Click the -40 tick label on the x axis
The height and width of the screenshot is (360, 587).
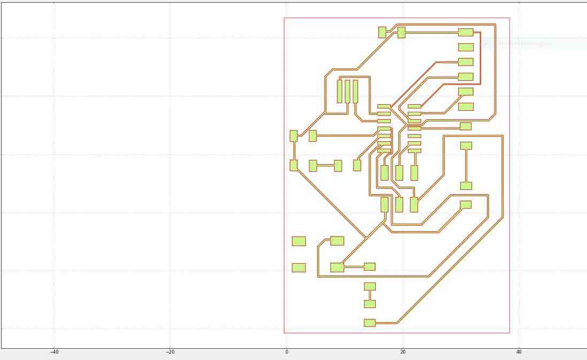tap(55, 352)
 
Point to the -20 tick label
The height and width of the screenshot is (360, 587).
tap(171, 352)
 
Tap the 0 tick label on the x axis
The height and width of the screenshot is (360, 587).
tap(287, 352)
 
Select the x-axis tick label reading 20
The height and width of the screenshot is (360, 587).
tap(403, 352)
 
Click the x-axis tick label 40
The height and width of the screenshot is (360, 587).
tap(519, 352)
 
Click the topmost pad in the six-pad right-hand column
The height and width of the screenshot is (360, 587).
tap(466, 32)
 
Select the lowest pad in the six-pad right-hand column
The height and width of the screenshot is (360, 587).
tap(466, 107)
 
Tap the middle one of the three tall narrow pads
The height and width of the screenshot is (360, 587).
tap(347, 91)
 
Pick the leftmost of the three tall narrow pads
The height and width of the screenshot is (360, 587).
tap(339, 91)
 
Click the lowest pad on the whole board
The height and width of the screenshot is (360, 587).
tap(369, 323)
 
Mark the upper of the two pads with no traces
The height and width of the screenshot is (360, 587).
tap(299, 241)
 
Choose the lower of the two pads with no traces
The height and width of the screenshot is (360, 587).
tap(299, 267)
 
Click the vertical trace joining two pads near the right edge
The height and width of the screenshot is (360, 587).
tap(466, 166)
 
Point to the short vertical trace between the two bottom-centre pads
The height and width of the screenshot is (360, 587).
tap(370, 295)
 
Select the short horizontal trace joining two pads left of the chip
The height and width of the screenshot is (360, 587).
tap(326, 165)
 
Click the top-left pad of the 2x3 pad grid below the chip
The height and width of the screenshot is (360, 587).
tap(384, 173)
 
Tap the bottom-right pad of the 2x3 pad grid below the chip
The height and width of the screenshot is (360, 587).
tap(414, 205)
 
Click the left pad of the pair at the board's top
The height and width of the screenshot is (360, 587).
tap(382, 32)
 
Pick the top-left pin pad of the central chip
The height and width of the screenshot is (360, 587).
tap(384, 106)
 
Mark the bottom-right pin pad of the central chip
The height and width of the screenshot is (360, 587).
tap(414, 151)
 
